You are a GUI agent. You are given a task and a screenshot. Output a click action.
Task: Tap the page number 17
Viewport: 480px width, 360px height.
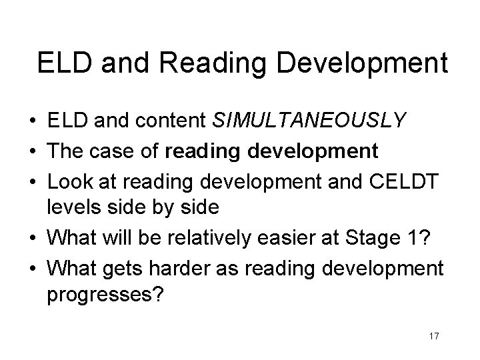[x=434, y=336]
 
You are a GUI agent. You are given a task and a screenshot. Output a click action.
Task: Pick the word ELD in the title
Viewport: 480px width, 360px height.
[x=63, y=63]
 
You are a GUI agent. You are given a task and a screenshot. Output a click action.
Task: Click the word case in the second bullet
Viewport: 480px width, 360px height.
[x=111, y=150]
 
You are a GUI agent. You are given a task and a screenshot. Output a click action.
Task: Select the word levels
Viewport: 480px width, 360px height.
[x=74, y=207]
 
